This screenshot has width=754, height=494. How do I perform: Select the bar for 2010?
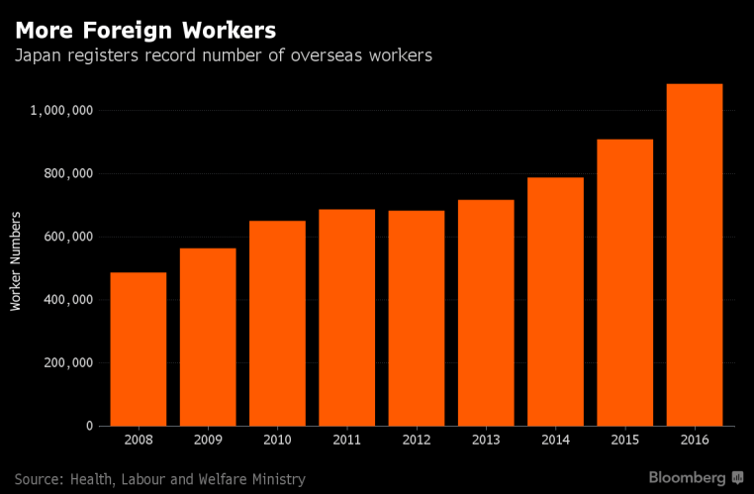click(277, 323)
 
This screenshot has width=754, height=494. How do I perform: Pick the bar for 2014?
click(555, 301)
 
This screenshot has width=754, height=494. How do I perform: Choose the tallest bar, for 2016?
click(694, 254)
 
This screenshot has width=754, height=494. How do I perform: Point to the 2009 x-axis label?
click(208, 439)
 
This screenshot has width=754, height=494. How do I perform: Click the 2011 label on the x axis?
click(346, 439)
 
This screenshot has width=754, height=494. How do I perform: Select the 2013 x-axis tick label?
click(486, 439)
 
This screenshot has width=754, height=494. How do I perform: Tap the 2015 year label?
click(624, 439)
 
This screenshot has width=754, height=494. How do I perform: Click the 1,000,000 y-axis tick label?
click(61, 110)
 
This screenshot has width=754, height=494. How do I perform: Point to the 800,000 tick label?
click(67, 173)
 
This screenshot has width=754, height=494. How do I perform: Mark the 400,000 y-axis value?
click(67, 299)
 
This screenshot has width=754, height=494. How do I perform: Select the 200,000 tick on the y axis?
click(67, 362)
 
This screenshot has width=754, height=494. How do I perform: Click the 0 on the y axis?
click(89, 426)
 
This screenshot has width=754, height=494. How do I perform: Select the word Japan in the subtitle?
click(38, 55)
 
